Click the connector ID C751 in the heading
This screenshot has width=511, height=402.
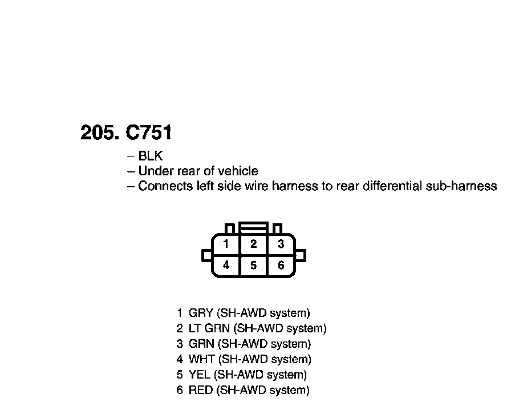(148, 133)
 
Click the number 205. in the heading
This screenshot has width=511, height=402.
(100, 133)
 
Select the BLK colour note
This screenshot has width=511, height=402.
(151, 156)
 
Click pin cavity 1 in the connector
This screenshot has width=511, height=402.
(226, 244)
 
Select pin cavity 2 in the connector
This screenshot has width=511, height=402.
(254, 244)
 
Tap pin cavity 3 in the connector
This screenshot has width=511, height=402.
(281, 244)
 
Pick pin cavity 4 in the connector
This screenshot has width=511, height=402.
(226, 266)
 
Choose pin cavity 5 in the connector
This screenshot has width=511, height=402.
(254, 266)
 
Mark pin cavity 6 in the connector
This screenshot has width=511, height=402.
(281, 266)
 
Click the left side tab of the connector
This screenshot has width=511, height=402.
(206, 255)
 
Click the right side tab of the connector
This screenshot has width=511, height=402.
(301, 255)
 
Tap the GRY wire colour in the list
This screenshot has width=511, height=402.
(201, 313)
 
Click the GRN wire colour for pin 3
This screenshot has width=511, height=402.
(201, 344)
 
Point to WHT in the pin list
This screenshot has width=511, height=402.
(201, 359)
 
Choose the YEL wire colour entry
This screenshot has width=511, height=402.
(200, 375)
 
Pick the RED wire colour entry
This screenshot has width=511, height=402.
(201, 391)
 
